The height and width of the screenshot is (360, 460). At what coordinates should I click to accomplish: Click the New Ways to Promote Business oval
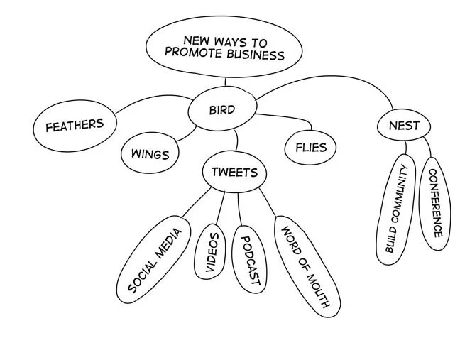tap(224, 48)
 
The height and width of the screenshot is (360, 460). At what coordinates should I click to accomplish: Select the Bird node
tap(221, 110)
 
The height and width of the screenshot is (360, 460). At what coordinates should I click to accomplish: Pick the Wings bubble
tap(150, 153)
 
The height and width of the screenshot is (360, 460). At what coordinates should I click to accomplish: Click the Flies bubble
tap(310, 148)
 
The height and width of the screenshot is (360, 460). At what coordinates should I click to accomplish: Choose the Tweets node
tap(234, 173)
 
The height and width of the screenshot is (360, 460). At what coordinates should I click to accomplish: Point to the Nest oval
tap(404, 126)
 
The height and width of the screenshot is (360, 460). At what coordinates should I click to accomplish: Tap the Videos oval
tap(212, 251)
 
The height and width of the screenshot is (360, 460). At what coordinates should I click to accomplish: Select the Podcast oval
tap(248, 259)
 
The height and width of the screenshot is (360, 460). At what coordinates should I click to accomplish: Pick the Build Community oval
tap(395, 209)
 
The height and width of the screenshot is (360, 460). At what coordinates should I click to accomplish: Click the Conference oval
tap(434, 203)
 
